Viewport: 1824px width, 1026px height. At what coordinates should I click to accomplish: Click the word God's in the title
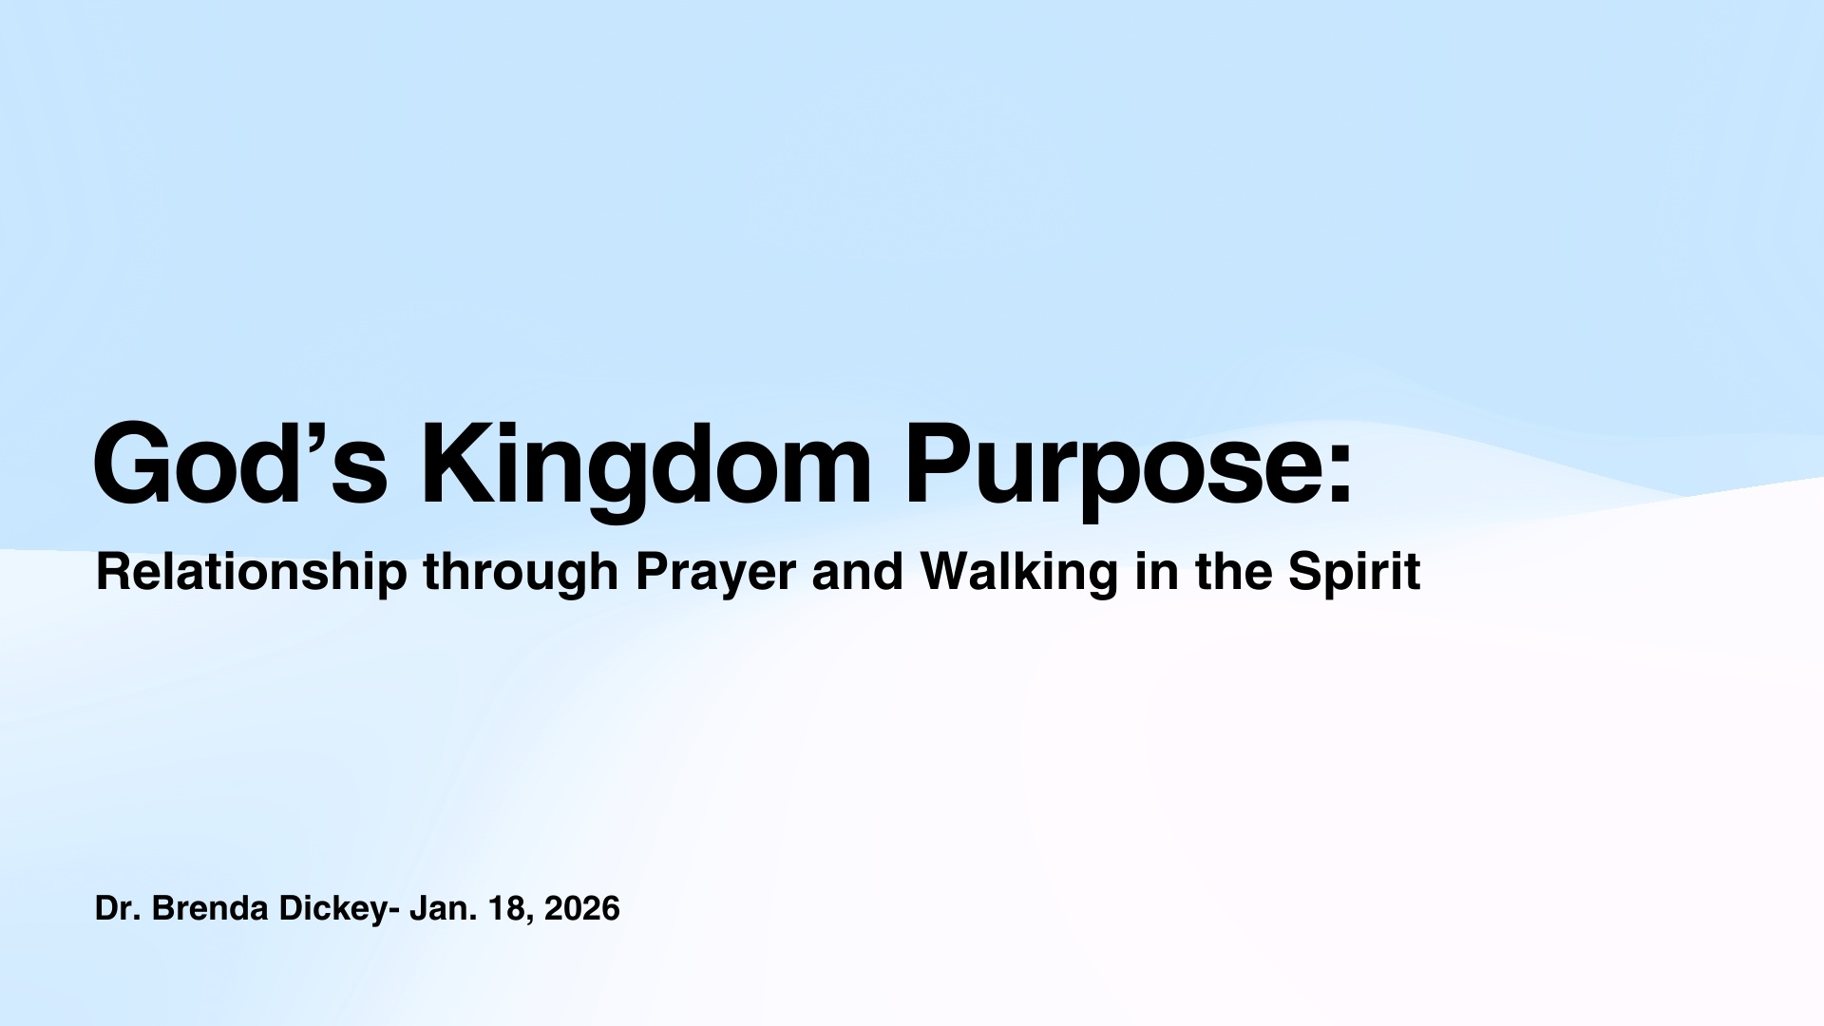(x=240, y=464)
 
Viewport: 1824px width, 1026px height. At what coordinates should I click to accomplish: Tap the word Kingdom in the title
(x=645, y=471)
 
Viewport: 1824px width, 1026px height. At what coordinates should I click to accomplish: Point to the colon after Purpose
(x=1339, y=475)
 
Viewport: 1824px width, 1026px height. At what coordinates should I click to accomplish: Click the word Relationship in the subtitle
(x=252, y=573)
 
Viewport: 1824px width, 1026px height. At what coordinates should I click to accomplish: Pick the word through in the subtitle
(x=521, y=573)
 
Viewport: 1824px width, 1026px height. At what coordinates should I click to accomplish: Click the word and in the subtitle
(x=858, y=572)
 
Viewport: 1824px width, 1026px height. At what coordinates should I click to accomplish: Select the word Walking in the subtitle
(x=1018, y=573)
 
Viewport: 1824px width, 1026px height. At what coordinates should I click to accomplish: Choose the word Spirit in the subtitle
(x=1355, y=573)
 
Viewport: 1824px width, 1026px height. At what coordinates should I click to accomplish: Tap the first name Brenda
(x=210, y=909)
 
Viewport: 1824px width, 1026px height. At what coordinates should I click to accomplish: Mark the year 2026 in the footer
(x=582, y=909)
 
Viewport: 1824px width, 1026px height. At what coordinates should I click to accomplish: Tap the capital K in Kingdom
(x=460, y=464)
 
